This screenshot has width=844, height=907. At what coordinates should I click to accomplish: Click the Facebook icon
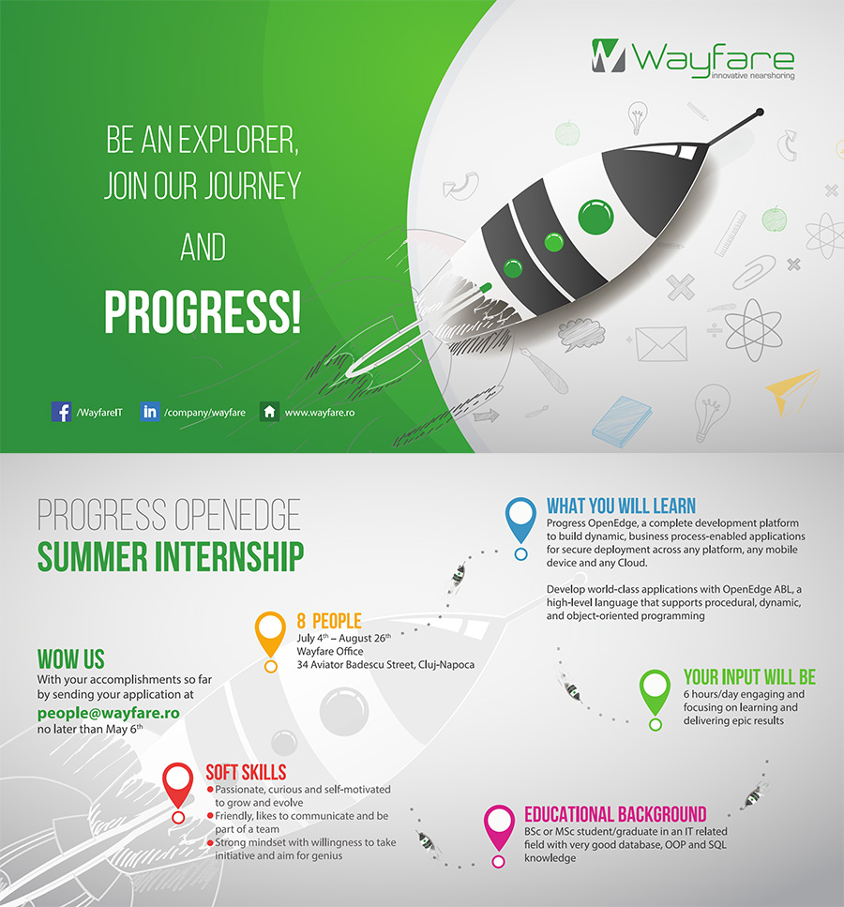[x=61, y=412]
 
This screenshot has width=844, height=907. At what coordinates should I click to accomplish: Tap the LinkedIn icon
[x=150, y=412]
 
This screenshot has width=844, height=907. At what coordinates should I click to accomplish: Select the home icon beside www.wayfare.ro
[x=269, y=412]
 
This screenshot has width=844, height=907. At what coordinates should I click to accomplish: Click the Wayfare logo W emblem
[x=608, y=55]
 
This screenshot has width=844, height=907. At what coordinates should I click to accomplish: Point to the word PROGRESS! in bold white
[x=203, y=311]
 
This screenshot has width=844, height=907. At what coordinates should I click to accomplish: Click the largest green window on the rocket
[x=595, y=217]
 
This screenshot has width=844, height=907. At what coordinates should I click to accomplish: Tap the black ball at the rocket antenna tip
[x=761, y=112]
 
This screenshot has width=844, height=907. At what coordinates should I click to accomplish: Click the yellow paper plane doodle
[x=793, y=391]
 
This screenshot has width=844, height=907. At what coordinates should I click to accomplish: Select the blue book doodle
[x=623, y=420]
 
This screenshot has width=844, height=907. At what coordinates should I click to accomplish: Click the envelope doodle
[x=661, y=343]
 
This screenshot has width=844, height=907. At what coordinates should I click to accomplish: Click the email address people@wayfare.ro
[x=108, y=713]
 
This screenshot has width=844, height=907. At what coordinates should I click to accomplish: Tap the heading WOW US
[x=71, y=659]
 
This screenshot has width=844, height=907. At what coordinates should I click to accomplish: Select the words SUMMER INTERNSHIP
[x=171, y=556]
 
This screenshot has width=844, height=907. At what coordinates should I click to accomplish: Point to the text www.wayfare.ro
[x=320, y=413]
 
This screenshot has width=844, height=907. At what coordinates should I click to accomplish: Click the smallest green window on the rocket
[x=513, y=268]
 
